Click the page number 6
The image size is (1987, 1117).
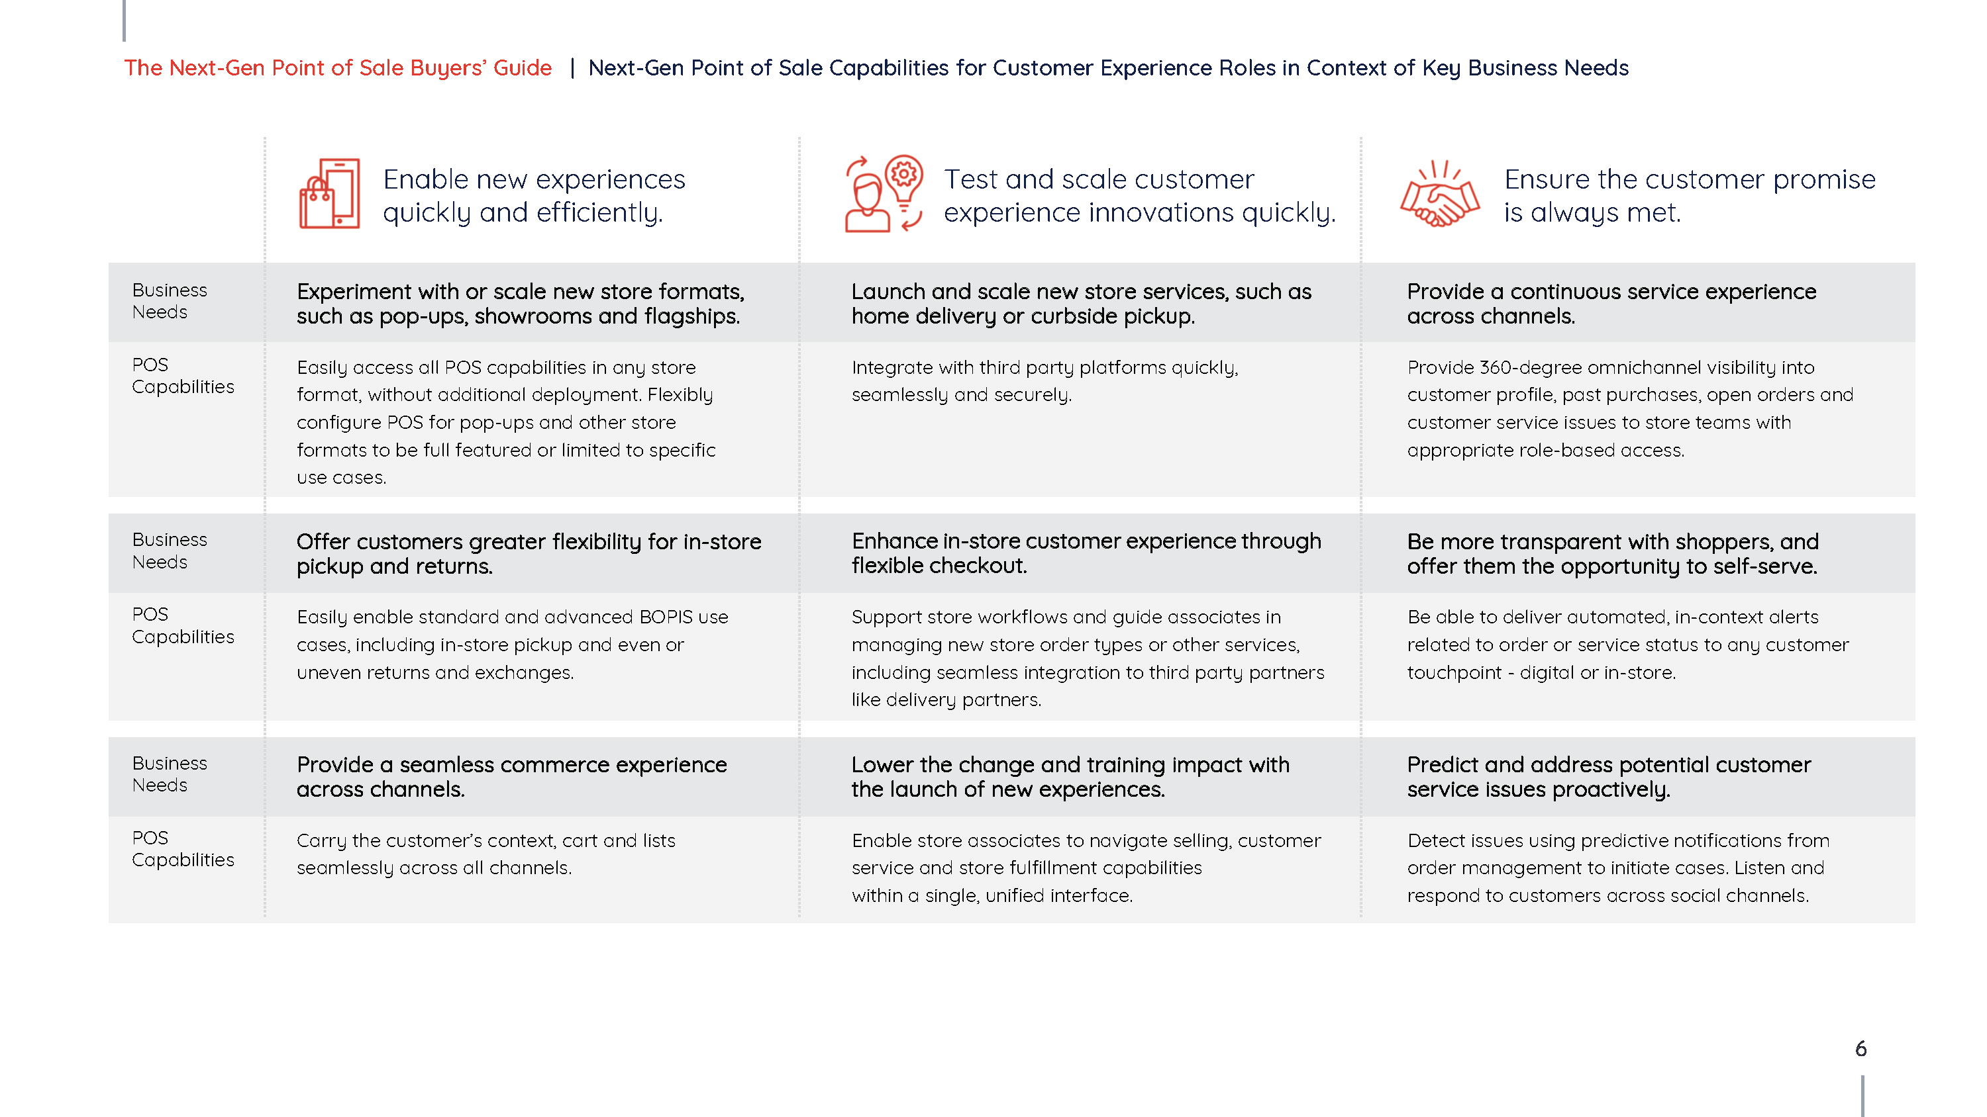point(1860,1048)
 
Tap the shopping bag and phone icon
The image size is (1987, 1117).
point(329,193)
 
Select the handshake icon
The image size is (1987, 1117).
point(1439,193)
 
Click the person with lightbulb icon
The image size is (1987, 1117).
point(884,193)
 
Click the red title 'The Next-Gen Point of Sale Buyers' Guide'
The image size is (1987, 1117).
point(338,68)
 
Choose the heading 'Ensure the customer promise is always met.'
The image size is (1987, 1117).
point(1689,196)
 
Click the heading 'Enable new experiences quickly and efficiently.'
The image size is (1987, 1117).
point(534,196)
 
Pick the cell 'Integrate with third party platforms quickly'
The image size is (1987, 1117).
point(1044,380)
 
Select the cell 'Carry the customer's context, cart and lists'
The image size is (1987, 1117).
point(486,854)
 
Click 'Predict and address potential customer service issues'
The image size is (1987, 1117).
point(1609,776)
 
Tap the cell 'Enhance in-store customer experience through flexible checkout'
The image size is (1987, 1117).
point(1086,553)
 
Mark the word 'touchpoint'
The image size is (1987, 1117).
point(1454,672)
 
